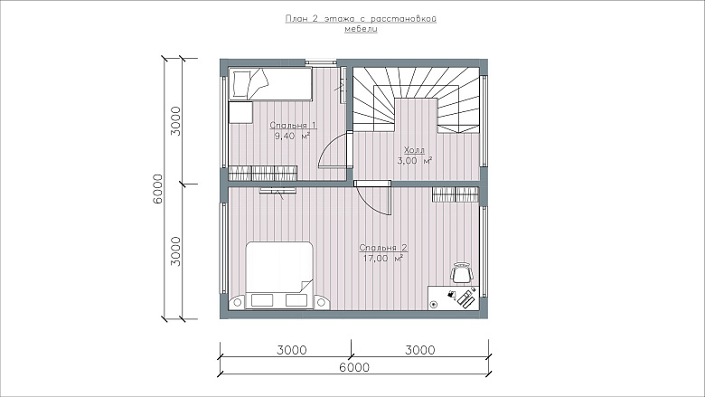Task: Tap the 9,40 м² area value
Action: pyautogui.click(x=292, y=136)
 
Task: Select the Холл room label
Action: pyautogui.click(x=414, y=150)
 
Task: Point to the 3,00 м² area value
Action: pyautogui.click(x=415, y=160)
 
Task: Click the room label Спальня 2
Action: pyautogui.click(x=383, y=247)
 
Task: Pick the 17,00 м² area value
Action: pyautogui.click(x=382, y=259)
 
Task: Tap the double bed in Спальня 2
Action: pyautogui.click(x=279, y=276)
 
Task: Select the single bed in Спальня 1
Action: pyautogui.click(x=270, y=83)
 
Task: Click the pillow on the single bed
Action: pyautogui.click(x=240, y=84)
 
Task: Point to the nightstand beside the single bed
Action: pyautogui.click(x=240, y=112)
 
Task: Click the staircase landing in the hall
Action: pyautogui.click(x=417, y=115)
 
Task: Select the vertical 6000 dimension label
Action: pyautogui.click(x=158, y=189)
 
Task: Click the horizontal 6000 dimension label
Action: pyautogui.click(x=353, y=367)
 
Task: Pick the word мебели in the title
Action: pyautogui.click(x=361, y=29)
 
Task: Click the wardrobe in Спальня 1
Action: pyautogui.click(x=263, y=174)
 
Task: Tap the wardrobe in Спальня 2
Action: pyautogui.click(x=455, y=194)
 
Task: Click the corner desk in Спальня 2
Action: pyautogui.click(x=454, y=298)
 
